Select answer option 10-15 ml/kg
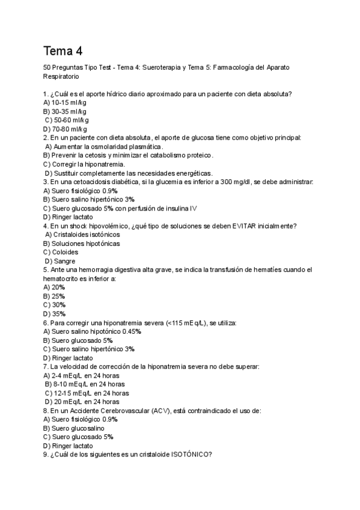click(x=65, y=103)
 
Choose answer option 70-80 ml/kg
click(x=65, y=129)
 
